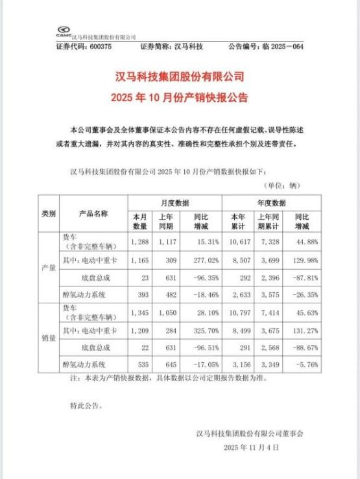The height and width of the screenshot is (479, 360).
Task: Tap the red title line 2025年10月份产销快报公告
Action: click(180, 99)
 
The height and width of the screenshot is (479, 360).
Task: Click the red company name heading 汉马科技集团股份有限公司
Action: click(180, 77)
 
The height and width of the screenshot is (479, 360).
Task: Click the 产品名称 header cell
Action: click(93, 213)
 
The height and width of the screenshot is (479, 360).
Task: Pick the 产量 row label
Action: click(49, 268)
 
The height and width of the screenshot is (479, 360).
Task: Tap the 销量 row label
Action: click(49, 338)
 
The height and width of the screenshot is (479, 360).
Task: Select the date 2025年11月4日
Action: click(252, 447)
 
